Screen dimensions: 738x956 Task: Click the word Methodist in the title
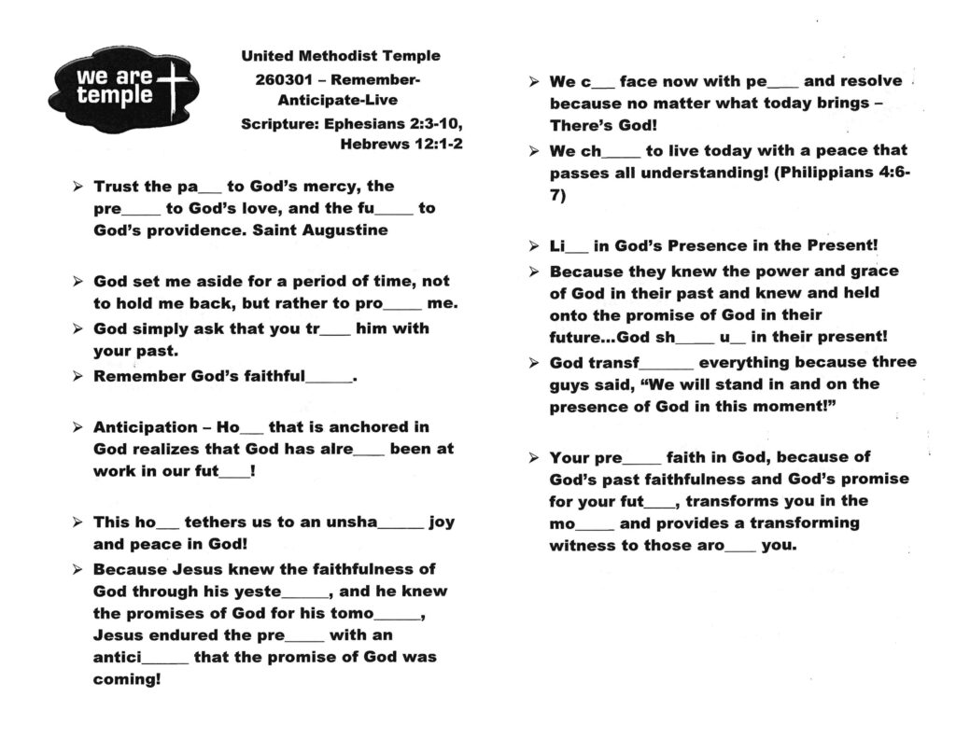(340, 56)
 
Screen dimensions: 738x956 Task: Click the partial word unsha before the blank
(351, 522)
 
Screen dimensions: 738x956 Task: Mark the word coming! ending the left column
(127, 678)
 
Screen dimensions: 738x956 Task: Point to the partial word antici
(117, 657)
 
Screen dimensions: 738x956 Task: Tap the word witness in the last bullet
(582, 545)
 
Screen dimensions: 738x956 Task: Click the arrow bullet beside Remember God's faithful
(77, 377)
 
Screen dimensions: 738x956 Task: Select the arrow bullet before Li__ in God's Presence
(533, 247)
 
